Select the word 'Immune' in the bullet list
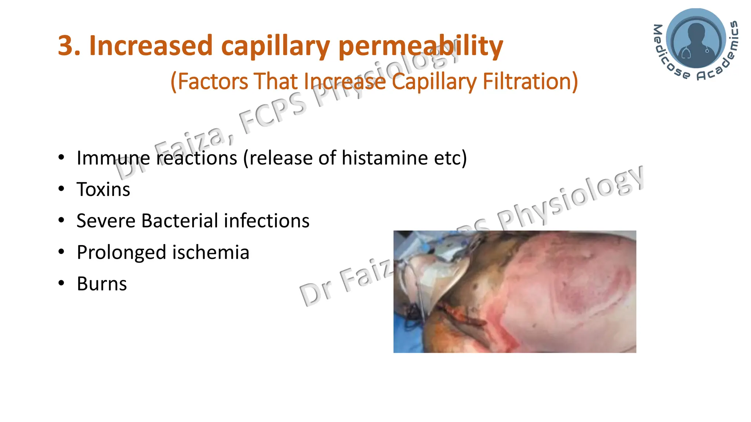click(113, 158)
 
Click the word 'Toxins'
click(103, 189)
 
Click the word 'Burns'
click(102, 284)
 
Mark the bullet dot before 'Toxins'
click(61, 189)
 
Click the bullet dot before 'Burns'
click(61, 283)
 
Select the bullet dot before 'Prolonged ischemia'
click(61, 252)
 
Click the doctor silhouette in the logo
click(696, 40)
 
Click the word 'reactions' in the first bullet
click(197, 158)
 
